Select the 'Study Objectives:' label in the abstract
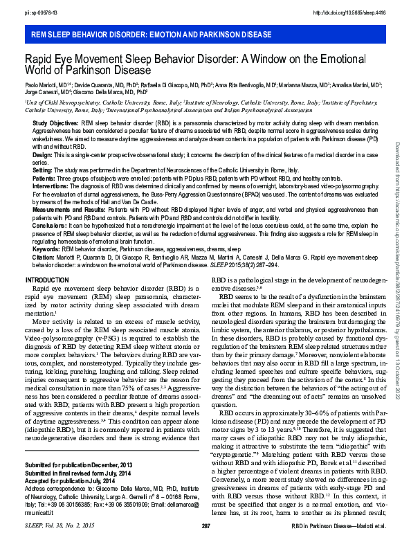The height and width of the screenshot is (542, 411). click(56, 122)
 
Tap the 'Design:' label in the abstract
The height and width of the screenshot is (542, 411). click(42, 156)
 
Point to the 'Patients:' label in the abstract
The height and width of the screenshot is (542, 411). click(45, 177)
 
